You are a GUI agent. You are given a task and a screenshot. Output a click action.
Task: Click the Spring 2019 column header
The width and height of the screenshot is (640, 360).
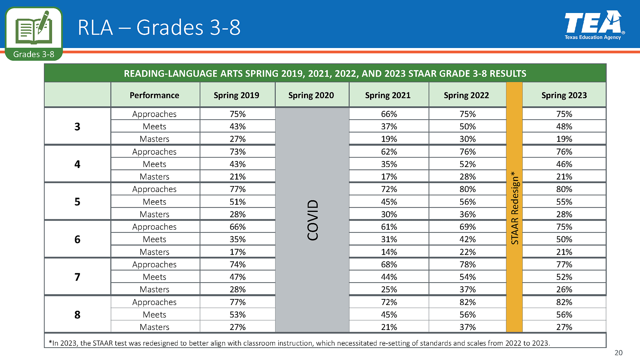tap(236, 95)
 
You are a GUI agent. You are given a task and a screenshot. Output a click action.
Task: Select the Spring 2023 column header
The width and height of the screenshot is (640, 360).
tap(564, 95)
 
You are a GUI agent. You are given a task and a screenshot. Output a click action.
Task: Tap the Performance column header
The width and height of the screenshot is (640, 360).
tap(154, 95)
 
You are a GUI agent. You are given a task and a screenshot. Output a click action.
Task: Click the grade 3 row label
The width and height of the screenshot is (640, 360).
tap(77, 127)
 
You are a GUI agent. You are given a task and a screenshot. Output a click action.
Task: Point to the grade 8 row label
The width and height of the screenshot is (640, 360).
tap(77, 315)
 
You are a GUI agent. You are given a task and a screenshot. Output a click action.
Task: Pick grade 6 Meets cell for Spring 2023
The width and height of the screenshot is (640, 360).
tap(564, 239)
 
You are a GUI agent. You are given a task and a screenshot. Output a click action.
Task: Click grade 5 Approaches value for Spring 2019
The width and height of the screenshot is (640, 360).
tap(237, 189)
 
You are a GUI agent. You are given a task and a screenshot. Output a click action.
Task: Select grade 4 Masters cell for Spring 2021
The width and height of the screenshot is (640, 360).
tap(389, 177)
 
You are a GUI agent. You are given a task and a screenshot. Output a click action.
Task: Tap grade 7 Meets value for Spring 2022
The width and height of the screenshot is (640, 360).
tap(467, 277)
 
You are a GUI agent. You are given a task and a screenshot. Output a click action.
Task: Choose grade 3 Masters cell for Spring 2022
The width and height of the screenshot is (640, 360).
tap(467, 139)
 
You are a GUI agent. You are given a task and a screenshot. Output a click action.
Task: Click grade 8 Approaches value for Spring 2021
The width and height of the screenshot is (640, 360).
tap(389, 302)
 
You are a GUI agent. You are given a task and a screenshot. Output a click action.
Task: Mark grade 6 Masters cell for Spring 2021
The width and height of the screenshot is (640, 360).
tap(389, 252)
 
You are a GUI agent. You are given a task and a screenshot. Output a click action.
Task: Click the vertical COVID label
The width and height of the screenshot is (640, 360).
tap(313, 220)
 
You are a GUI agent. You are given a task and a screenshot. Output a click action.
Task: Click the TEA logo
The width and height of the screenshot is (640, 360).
tap(593, 25)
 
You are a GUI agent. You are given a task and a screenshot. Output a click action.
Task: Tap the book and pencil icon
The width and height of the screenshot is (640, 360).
tap(34, 28)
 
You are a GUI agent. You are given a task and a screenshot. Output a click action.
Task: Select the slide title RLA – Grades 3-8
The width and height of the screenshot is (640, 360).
tap(159, 27)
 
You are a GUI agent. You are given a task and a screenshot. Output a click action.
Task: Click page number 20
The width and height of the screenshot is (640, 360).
tap(618, 353)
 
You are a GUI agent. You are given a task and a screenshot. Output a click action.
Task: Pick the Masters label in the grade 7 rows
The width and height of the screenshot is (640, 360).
tap(154, 290)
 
